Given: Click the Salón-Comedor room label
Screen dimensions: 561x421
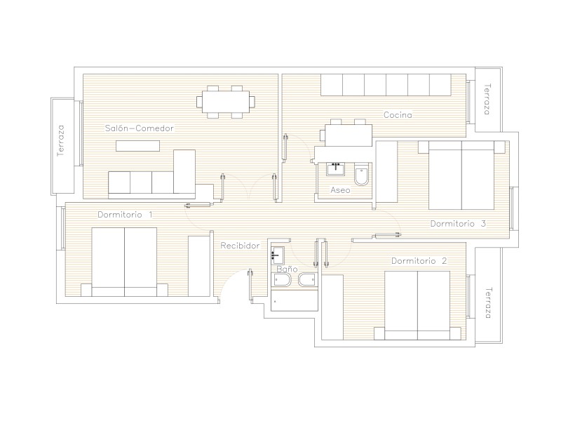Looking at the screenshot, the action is (139, 128).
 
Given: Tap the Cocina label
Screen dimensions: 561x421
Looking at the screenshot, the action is (398, 115).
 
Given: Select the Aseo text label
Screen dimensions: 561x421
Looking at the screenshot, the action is (340, 190).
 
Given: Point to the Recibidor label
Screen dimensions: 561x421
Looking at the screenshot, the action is (240, 246).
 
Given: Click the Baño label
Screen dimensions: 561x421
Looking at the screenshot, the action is (287, 269).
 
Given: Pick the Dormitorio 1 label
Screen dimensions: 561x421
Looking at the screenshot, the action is (125, 215).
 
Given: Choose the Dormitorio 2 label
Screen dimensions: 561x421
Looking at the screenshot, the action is (419, 260).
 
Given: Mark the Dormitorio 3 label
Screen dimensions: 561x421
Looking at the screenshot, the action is (458, 224).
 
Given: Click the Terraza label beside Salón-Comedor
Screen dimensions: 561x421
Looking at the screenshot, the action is (61, 140).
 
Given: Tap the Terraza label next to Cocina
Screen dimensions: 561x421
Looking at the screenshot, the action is (487, 99).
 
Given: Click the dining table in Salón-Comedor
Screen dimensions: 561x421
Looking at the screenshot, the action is (226, 102).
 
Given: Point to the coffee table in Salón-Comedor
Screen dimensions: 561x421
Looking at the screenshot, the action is (137, 146).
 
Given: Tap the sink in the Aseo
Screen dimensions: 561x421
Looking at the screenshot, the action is (335, 168).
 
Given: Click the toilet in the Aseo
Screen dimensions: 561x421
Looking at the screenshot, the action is (361, 175).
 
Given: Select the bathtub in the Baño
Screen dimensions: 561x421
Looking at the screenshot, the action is (295, 300).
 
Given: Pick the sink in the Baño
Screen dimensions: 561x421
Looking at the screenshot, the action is (277, 255).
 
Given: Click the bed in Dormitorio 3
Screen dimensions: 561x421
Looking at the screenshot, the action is (461, 175).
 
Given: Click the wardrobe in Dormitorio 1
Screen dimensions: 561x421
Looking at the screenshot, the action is (199, 266).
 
